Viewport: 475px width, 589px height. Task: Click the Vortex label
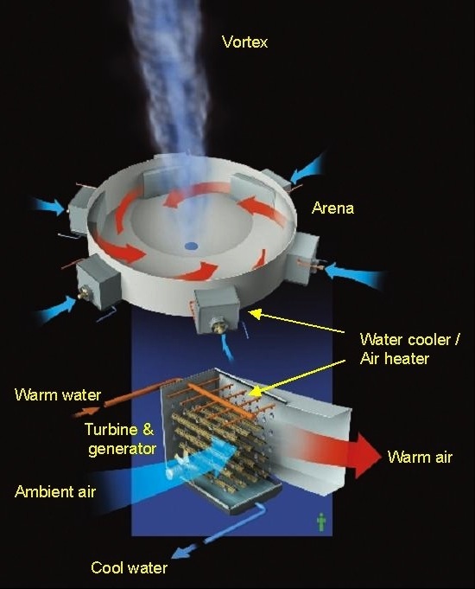pos(245,42)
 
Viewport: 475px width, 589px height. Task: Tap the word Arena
pos(332,208)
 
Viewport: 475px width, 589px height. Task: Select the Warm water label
pos(58,394)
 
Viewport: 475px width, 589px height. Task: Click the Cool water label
pos(129,567)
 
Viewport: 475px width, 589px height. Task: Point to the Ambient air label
pos(55,492)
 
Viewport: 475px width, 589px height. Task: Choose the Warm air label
pos(420,458)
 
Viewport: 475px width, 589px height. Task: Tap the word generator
pos(122,449)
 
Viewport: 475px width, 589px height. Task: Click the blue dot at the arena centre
pos(192,246)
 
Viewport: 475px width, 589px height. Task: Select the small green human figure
pos(321,522)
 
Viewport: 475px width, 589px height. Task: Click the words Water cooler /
pos(409,339)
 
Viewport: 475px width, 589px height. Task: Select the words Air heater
pos(395,359)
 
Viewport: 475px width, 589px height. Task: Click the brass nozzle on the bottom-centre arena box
pos(218,326)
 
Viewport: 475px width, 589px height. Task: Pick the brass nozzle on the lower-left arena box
pos(83,293)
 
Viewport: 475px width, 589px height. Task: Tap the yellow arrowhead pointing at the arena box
pos(256,314)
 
